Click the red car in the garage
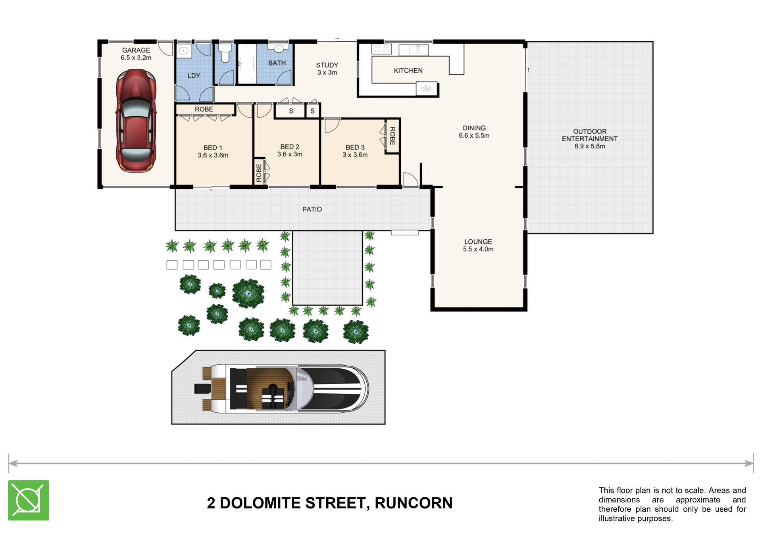136,121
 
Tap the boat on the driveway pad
281,388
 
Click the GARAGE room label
136,50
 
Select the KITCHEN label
408,71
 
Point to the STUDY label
327,65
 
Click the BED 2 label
290,147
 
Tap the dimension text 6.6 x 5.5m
474,135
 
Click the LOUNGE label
478,242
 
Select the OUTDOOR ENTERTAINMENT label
590,135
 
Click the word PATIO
312,209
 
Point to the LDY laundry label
194,76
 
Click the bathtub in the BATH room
247,64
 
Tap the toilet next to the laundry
225,53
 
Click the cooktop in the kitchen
381,49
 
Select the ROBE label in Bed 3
392,136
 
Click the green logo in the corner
29,500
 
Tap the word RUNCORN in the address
414,503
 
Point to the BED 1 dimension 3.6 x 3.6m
213,155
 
